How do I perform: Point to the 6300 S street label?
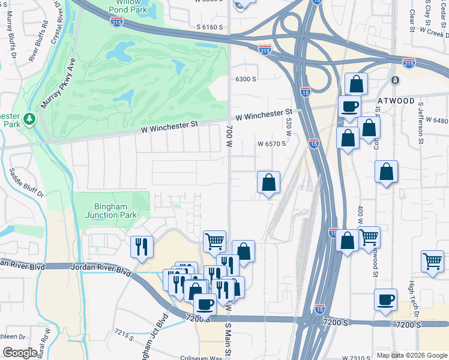[246, 79]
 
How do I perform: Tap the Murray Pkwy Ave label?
[58, 85]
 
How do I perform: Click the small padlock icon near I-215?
[395, 80]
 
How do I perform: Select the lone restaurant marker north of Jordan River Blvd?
[142, 247]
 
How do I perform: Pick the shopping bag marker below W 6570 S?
[269, 182]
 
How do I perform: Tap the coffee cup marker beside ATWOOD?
[349, 107]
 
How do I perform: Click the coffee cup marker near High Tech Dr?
[385, 299]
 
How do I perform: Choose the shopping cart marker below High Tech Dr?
[432, 262]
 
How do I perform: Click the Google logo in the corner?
[20, 353]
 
